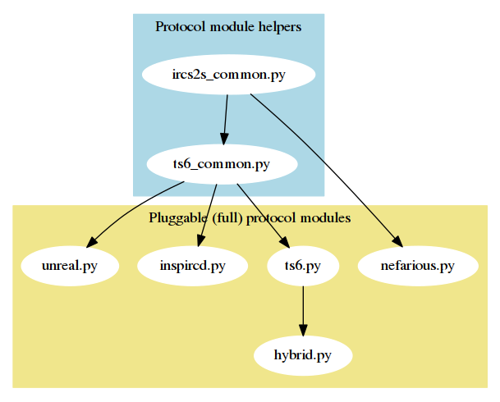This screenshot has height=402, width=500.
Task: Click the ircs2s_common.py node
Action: (x=229, y=75)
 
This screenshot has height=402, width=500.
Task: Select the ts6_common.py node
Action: (x=222, y=164)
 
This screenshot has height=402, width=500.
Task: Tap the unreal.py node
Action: (x=70, y=266)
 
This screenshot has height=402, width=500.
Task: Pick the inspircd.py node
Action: (x=192, y=266)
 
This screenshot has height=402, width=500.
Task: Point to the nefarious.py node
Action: (x=418, y=266)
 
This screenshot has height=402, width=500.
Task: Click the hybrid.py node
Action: (x=303, y=356)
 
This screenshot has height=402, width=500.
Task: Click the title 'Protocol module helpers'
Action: (x=228, y=26)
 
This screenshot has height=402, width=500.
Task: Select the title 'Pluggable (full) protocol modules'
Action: (x=250, y=218)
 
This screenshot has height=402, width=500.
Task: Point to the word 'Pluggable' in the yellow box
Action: (x=175, y=218)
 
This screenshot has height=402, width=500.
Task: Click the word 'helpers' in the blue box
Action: (x=280, y=26)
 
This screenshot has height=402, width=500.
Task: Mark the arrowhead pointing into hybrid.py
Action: (x=303, y=330)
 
